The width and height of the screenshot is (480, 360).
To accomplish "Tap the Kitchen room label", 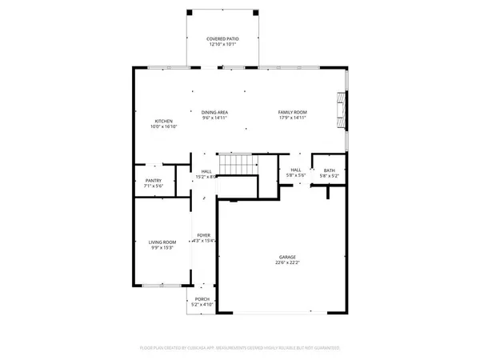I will [x=163, y=121].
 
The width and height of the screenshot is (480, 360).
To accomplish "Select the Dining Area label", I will [x=214, y=112].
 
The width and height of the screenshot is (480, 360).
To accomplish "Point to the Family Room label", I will [x=293, y=112].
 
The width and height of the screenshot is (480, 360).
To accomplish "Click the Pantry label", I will [x=154, y=180].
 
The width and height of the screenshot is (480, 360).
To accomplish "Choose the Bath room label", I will [x=330, y=170].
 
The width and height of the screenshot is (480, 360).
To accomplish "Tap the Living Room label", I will [x=161, y=242].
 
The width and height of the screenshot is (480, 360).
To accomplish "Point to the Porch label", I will [x=201, y=299].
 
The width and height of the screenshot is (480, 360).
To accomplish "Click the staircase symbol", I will [x=238, y=165].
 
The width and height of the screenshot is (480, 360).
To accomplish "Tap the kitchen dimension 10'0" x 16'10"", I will [x=163, y=126].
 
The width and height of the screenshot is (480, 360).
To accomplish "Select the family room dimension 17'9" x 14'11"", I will [x=293, y=118].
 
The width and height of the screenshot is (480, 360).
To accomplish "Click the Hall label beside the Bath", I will [x=295, y=170].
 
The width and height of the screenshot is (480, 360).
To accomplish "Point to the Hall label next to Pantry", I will [x=206, y=171].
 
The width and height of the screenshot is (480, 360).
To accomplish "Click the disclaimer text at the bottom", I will [x=240, y=348].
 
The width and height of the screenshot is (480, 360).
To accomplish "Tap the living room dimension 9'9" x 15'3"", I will [x=161, y=247].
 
